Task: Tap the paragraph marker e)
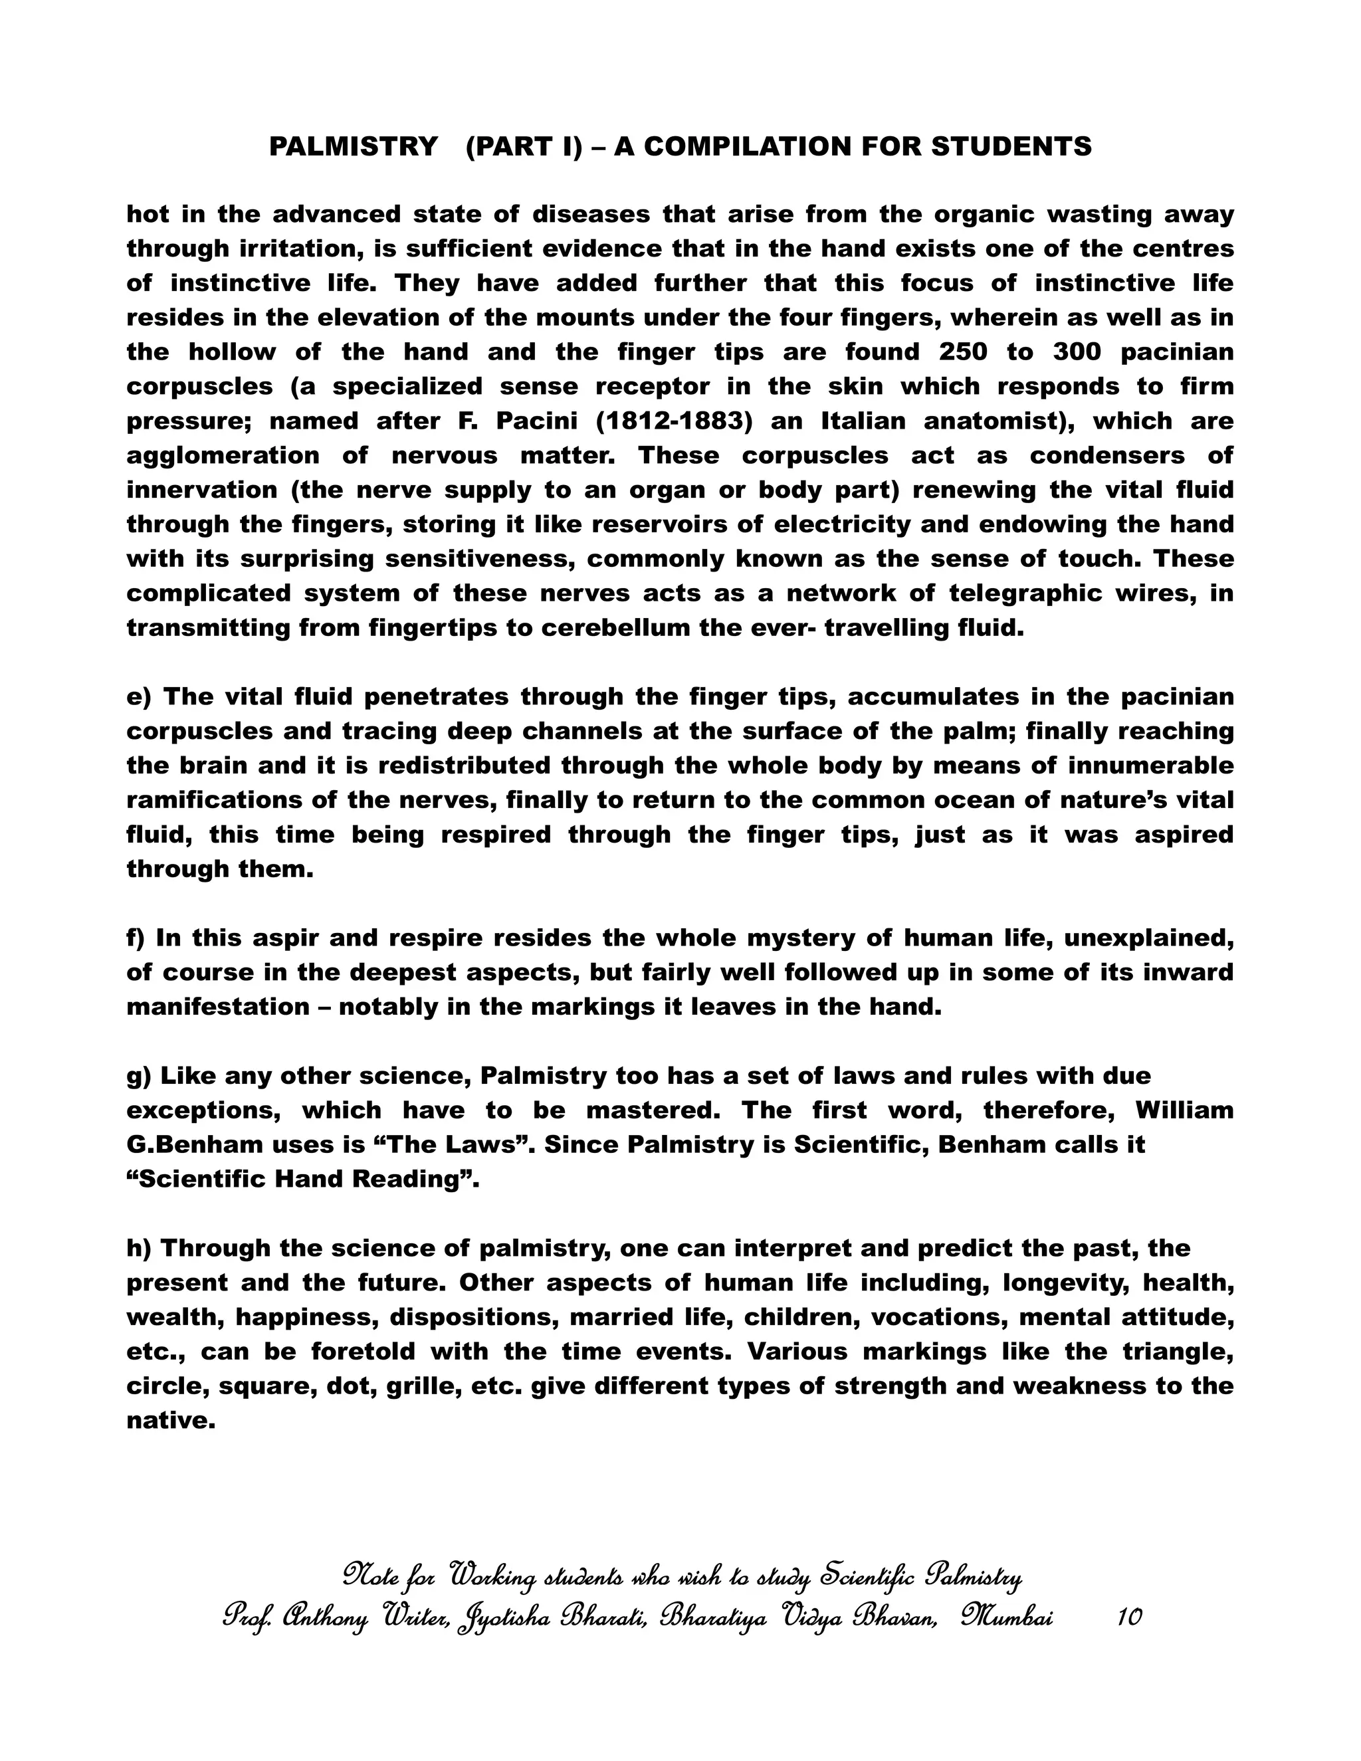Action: (x=139, y=696)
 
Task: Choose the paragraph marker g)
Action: (x=139, y=1076)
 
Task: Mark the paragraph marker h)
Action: (x=139, y=1248)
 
